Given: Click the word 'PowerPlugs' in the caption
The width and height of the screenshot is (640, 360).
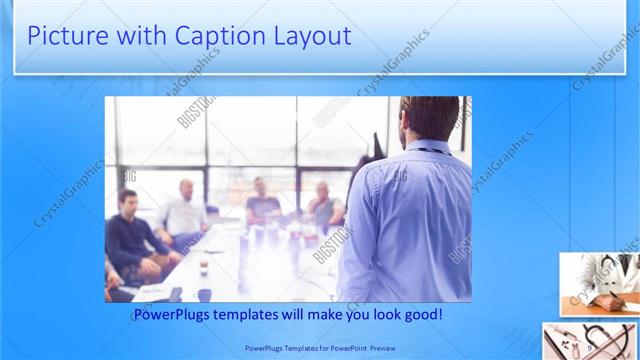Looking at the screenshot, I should tap(177, 315).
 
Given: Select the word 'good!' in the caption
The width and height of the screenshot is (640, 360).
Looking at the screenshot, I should tap(421, 315).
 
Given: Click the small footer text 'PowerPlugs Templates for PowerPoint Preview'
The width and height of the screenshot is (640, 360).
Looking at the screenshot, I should tap(319, 347).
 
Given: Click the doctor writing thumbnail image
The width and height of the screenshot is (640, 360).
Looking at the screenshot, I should tap(599, 283).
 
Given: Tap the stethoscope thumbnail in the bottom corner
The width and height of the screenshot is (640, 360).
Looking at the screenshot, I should tap(590, 340).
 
